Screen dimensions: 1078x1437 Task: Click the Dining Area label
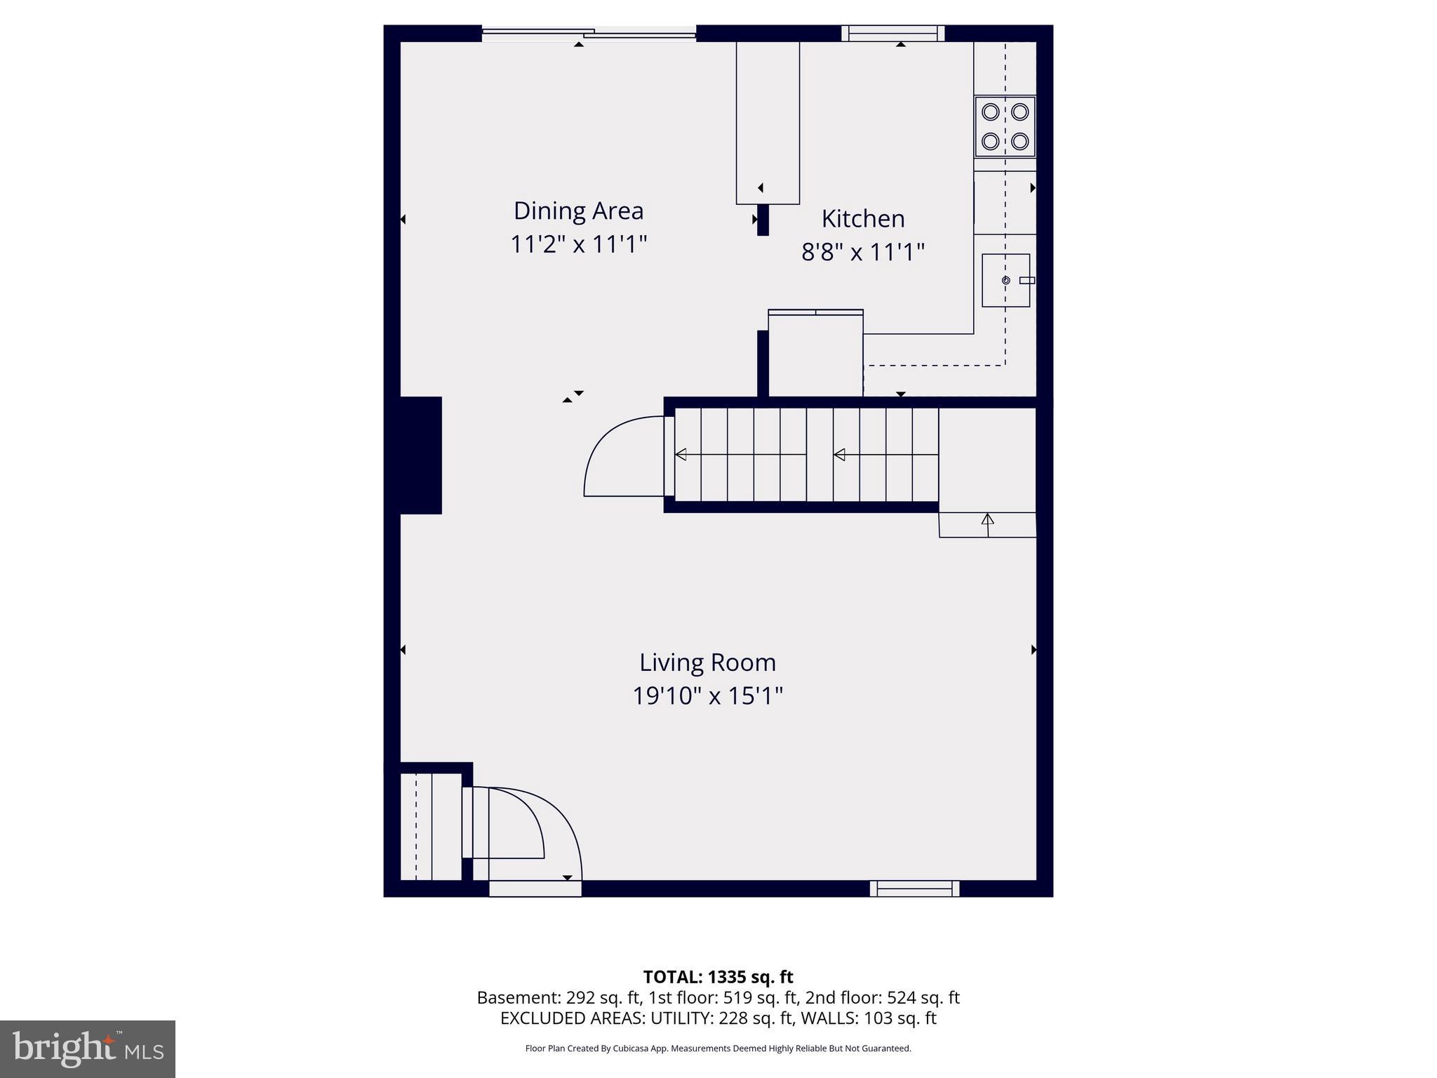pyautogui.click(x=578, y=211)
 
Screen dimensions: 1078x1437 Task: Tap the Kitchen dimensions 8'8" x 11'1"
pyautogui.click(x=862, y=252)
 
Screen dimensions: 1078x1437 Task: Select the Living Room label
pyautogui.click(x=707, y=663)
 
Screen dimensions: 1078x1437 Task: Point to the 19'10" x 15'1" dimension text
pyautogui.click(x=707, y=696)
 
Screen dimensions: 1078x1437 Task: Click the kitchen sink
pyautogui.click(x=1005, y=281)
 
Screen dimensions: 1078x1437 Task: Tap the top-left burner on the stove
pyautogui.click(x=990, y=112)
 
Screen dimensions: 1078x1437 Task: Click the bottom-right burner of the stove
pyautogui.click(x=1020, y=141)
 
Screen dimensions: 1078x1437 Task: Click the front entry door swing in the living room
pyautogui.click(x=533, y=835)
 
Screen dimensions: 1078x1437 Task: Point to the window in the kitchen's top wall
pyautogui.click(x=893, y=33)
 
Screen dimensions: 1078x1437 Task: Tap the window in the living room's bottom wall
pyautogui.click(x=914, y=889)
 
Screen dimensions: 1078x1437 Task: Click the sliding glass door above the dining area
pyautogui.click(x=588, y=32)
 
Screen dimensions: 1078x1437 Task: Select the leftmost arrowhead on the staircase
pyautogui.click(x=681, y=455)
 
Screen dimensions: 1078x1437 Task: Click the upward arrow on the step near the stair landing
pyautogui.click(x=987, y=521)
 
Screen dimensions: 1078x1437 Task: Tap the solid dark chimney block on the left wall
pyautogui.click(x=420, y=455)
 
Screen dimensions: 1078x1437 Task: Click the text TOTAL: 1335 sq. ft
pyautogui.click(x=718, y=977)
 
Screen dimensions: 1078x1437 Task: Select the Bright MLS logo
pyautogui.click(x=87, y=1049)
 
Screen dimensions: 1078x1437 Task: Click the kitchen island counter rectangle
pyautogui.click(x=768, y=123)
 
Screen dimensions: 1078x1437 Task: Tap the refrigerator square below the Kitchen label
pyautogui.click(x=815, y=355)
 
